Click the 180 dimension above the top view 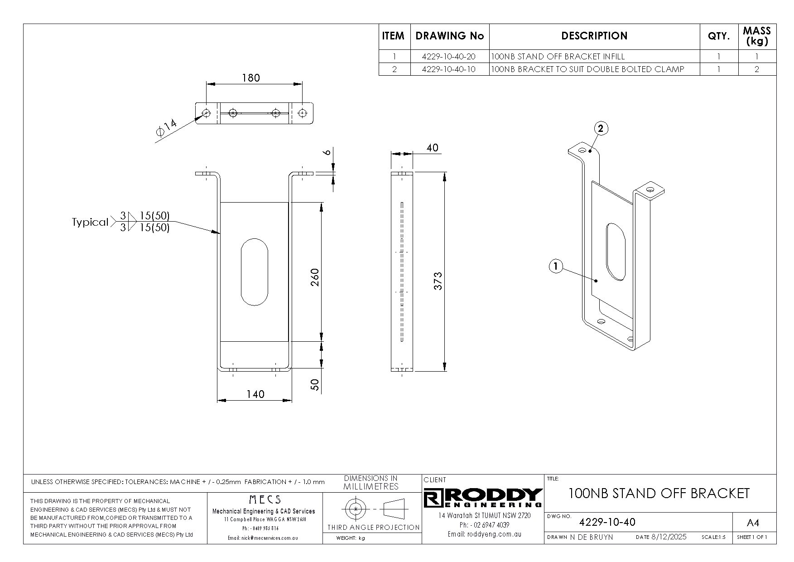pos(251,78)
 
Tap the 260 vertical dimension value pos(315,277)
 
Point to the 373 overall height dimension pos(438,281)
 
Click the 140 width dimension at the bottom pos(255,394)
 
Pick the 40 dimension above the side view pos(432,148)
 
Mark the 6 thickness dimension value pos(327,153)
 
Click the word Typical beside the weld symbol pos(90,222)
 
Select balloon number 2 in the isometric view pos(601,129)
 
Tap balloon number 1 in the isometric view pos(556,266)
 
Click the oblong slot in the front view pos(255,271)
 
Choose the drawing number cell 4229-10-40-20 pos(449,57)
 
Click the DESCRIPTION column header pos(594,36)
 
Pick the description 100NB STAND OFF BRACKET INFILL pos(558,57)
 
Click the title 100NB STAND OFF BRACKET pos(659,493)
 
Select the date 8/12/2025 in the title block pos(669,537)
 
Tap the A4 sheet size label pos(753,523)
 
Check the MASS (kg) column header pos(757,36)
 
